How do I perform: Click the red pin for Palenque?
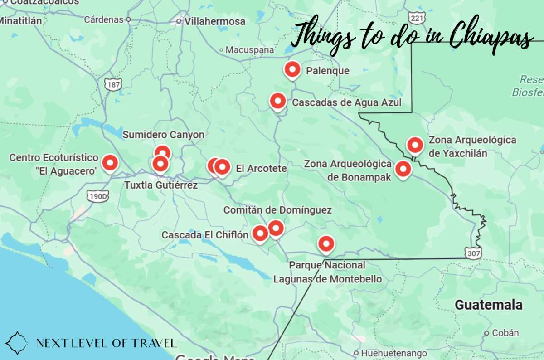click(292, 70)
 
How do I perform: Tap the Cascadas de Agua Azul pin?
click(277, 101)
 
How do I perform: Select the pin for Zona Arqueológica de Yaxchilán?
click(415, 145)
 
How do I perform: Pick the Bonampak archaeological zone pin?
click(403, 169)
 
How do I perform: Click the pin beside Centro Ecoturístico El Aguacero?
click(110, 162)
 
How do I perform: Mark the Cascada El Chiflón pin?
click(260, 234)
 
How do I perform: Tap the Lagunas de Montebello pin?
click(325, 244)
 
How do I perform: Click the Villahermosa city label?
click(215, 21)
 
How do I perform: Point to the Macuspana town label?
click(250, 50)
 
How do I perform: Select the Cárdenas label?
click(104, 19)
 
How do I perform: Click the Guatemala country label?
click(489, 305)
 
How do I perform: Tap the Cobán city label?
click(505, 333)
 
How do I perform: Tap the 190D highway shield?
click(98, 196)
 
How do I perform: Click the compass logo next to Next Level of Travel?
click(17, 343)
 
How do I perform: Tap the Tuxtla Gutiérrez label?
click(161, 185)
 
